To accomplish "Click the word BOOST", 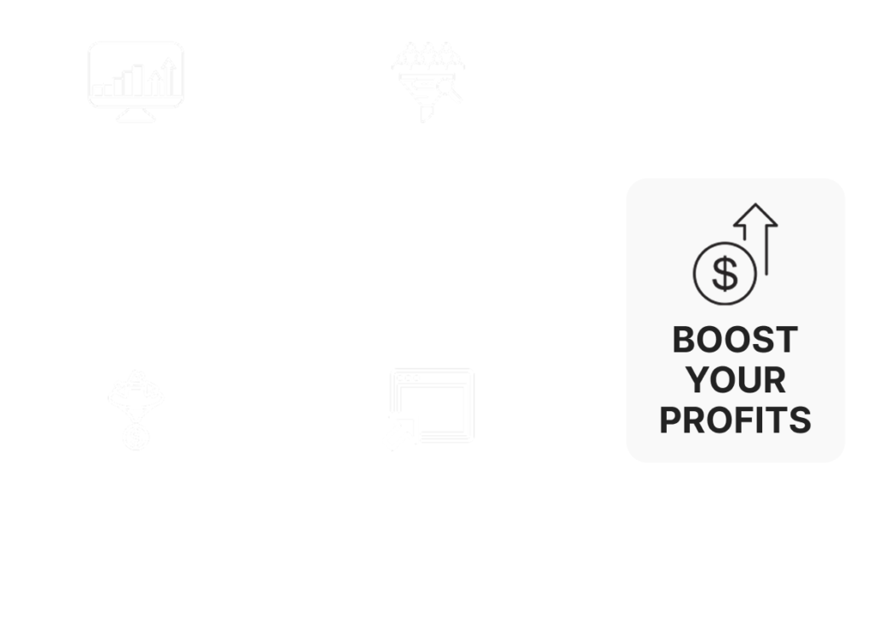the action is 735,339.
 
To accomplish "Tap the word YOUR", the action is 735,380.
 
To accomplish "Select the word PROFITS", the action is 735,420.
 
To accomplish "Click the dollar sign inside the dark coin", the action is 725,273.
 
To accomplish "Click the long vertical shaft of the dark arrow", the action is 767,249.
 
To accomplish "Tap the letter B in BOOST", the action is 684,339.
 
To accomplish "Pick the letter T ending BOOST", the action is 787,339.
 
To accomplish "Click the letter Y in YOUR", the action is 697,380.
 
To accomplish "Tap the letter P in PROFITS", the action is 670,420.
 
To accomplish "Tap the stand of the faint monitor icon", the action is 136,115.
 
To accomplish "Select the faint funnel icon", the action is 427,82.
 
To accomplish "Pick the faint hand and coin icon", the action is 136,410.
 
